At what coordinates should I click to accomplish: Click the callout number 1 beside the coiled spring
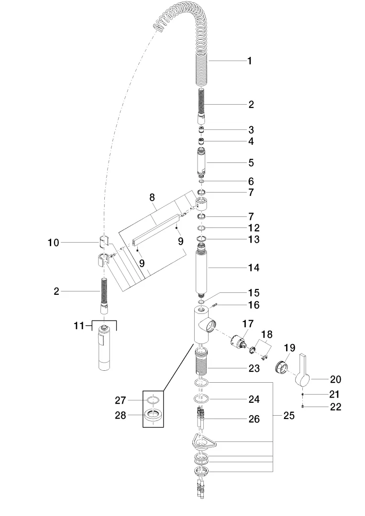coord(250,61)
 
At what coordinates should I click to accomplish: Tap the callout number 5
coord(251,162)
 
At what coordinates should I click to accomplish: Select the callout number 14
coord(254,268)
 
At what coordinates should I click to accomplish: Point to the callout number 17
coord(248,324)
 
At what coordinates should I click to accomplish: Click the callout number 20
coord(335,379)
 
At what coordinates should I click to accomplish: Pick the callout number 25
coord(289,416)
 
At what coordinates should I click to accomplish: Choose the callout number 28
coord(121,415)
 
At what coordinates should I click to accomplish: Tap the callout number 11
coord(79,326)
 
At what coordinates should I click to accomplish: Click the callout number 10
coord(54,243)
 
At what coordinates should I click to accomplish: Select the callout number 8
coord(152,197)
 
